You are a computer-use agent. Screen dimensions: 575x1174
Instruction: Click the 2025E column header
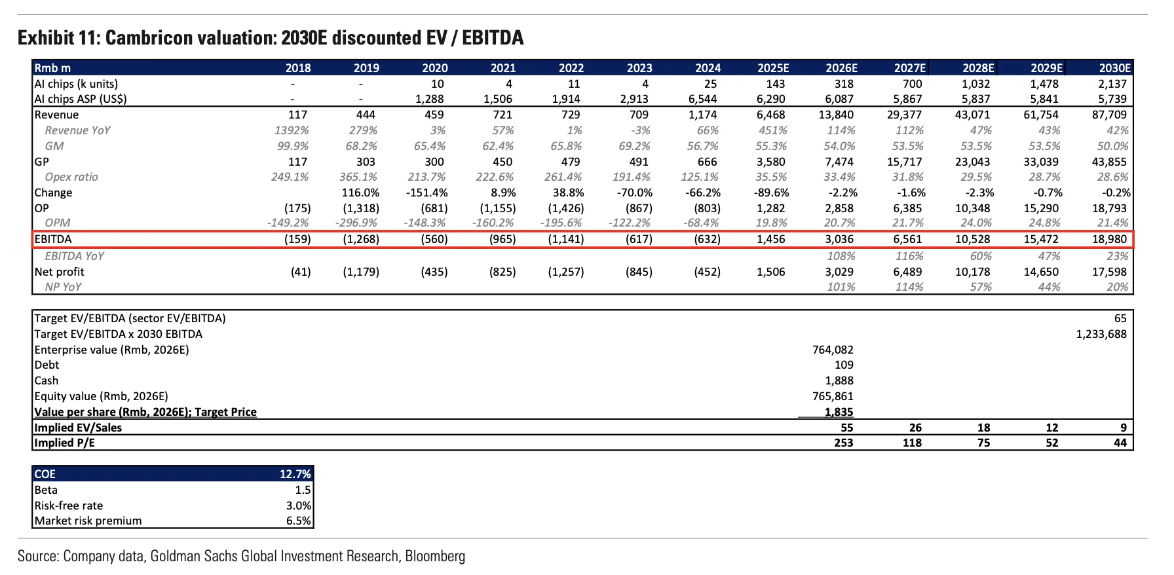coord(773,68)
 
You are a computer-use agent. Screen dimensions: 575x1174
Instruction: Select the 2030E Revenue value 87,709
coord(1110,115)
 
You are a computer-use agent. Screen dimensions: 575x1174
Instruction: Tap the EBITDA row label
coord(53,239)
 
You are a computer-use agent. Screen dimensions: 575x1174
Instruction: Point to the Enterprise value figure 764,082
coord(833,350)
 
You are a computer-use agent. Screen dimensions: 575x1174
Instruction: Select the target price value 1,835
coord(839,412)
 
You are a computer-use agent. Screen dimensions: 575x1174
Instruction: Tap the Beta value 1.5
coord(303,490)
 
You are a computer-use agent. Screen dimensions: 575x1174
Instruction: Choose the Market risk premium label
coord(88,521)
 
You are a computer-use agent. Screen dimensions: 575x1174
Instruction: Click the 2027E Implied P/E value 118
coord(912,443)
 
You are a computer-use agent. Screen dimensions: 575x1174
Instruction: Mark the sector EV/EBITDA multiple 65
coord(1120,318)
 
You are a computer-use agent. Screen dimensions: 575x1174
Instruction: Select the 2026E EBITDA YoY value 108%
coord(841,256)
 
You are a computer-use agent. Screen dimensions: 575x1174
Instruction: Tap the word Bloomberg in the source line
coord(435,556)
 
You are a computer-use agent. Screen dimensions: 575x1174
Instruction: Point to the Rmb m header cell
coord(52,68)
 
